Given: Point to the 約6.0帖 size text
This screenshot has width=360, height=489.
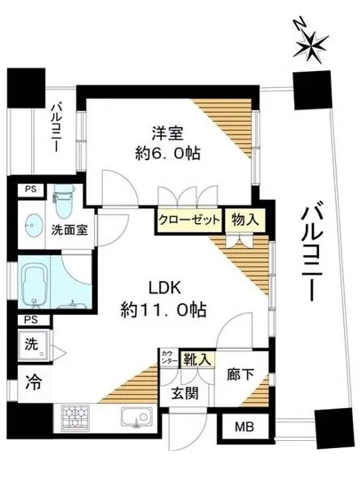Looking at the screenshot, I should pyautogui.click(x=169, y=154).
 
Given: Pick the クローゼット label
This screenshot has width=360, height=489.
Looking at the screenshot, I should pyautogui.click(x=188, y=220).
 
